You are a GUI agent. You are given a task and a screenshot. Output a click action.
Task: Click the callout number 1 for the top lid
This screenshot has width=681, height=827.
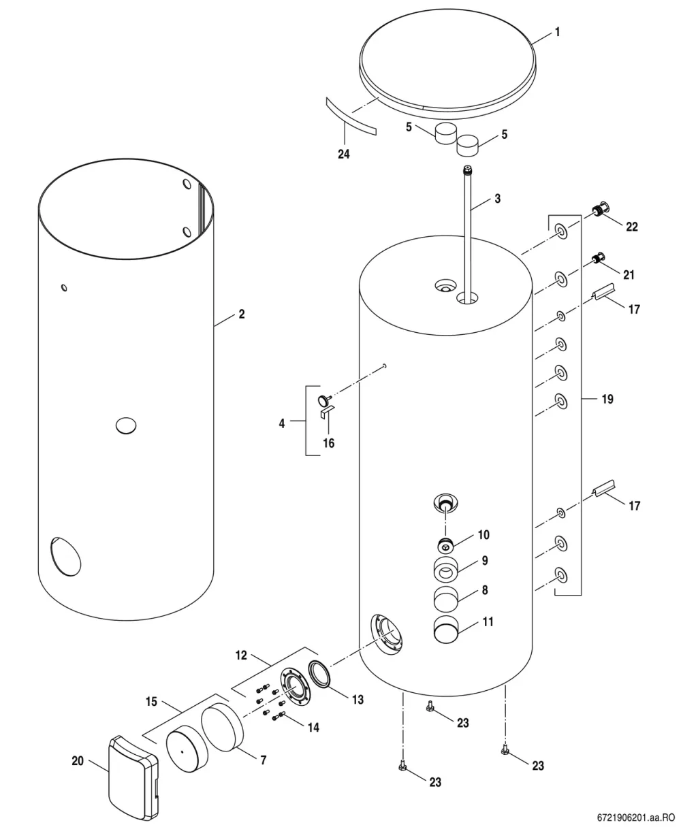(x=558, y=32)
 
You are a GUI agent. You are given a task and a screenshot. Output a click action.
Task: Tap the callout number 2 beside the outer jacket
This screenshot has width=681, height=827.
(x=242, y=314)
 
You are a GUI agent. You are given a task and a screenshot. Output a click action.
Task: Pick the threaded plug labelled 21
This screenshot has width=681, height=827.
(x=598, y=259)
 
